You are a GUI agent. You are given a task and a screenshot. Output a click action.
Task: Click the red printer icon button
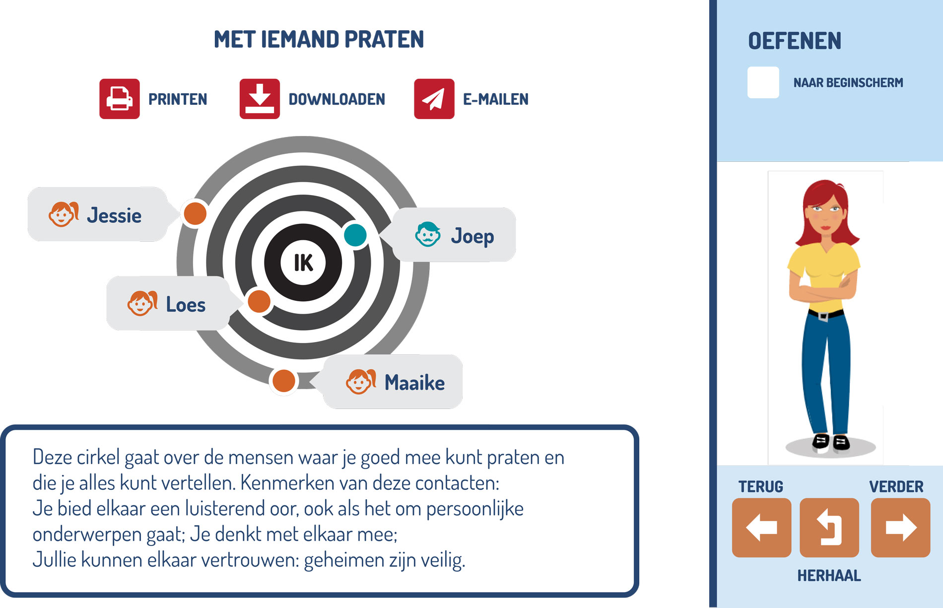coord(120,99)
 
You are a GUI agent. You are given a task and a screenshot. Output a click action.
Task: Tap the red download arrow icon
coord(260,99)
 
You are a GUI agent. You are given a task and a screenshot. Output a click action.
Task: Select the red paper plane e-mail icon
coord(434,99)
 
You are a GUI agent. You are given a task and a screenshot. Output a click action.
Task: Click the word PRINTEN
coord(178,99)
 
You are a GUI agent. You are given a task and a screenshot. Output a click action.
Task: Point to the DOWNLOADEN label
coord(337,99)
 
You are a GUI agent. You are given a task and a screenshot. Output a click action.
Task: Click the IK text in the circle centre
coord(303,263)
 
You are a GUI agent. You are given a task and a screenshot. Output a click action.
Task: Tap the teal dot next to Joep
coord(355,235)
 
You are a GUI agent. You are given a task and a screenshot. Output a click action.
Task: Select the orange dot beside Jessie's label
coord(195,213)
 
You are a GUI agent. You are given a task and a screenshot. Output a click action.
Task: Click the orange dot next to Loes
coord(259,301)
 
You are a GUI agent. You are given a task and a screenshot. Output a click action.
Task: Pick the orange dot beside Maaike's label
coord(284,381)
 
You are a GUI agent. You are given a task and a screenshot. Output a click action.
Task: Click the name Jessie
coord(114,216)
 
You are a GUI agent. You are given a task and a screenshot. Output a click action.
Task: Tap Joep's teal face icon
coord(428,234)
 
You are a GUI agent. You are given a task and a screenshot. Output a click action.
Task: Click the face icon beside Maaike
coord(361,382)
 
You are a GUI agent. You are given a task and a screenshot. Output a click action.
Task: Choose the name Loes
coord(186,305)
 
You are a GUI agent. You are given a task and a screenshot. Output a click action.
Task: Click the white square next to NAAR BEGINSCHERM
coord(763,82)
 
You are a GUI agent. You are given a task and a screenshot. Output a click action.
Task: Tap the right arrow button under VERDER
coord(901,528)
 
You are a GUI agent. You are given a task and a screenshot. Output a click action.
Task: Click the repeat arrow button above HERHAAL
coord(829,528)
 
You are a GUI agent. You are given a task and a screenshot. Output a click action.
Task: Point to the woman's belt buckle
coord(823,316)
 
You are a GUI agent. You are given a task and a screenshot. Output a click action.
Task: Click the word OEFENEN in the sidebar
coord(795,41)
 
